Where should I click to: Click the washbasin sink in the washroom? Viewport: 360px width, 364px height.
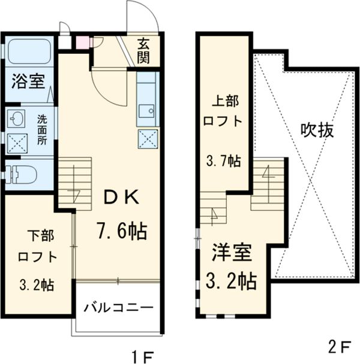point(17,118)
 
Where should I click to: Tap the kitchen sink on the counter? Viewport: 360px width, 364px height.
point(146,111)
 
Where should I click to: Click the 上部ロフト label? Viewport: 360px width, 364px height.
point(223,111)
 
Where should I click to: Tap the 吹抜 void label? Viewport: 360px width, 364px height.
point(317,130)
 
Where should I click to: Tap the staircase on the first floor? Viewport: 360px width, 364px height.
point(74,183)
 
